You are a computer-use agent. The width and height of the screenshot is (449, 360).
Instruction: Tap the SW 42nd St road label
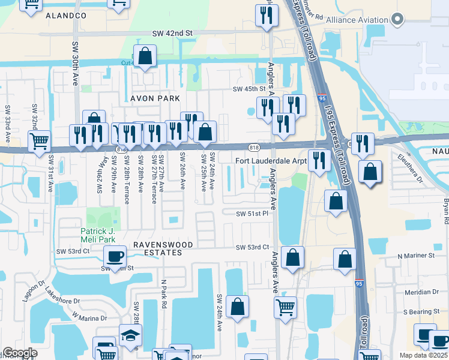pyautogui.click(x=172, y=33)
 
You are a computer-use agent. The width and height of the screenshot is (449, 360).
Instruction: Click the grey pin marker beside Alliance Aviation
pyautogui.click(x=397, y=20)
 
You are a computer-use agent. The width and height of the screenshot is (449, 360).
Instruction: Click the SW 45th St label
pyautogui.click(x=249, y=89)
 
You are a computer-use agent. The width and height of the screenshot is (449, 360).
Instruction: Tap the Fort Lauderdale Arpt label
pyautogui.click(x=271, y=161)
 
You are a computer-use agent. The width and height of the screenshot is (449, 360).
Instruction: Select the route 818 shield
pyautogui.click(x=255, y=146)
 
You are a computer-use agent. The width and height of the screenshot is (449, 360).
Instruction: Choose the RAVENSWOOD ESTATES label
pyautogui.click(x=157, y=248)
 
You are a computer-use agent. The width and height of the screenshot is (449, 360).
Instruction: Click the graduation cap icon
pyautogui.click(x=130, y=335)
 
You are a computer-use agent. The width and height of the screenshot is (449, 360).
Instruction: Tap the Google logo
pyautogui.click(x=20, y=353)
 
